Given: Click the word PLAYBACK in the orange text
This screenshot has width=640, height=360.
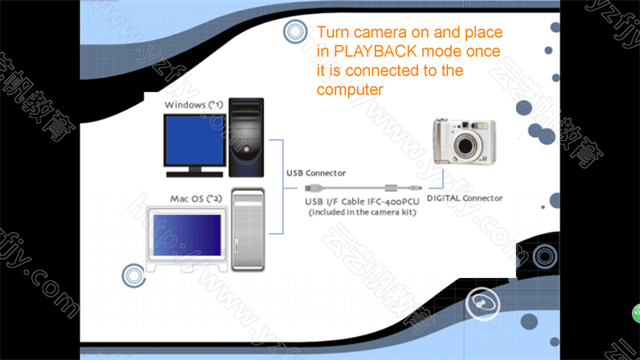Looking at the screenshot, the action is [x=376, y=52].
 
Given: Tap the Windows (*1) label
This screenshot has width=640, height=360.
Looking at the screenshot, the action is [x=194, y=105].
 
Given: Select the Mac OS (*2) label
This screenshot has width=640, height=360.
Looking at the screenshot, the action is [x=196, y=198].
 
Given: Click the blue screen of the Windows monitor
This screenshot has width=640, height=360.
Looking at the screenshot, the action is [x=194, y=140].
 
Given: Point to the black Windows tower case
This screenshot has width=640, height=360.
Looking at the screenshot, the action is [x=246, y=138].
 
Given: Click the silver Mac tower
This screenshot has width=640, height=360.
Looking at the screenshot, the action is [x=248, y=230].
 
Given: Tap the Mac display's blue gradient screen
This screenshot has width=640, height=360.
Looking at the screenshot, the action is [x=187, y=235].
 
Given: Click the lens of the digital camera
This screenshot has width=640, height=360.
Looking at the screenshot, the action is [x=465, y=144].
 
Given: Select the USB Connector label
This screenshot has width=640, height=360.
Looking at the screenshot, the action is [x=316, y=173].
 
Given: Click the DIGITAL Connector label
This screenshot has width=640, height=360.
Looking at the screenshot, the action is [x=464, y=198].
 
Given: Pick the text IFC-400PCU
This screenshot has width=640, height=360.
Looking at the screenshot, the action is [x=393, y=202].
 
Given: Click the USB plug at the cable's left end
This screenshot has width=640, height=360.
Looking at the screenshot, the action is [x=314, y=188].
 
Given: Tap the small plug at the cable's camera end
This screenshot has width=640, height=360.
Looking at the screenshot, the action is [x=416, y=188].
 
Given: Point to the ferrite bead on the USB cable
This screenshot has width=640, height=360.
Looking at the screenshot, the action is [x=391, y=188].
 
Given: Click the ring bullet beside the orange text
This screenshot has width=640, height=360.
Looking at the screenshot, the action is [x=295, y=31].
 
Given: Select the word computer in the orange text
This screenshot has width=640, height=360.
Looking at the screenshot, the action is [x=350, y=89].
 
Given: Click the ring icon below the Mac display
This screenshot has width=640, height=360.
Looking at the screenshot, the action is [x=134, y=276].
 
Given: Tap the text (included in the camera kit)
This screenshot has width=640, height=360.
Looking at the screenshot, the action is [x=363, y=212].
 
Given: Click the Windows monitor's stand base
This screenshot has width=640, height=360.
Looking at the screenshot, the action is [x=194, y=174].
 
